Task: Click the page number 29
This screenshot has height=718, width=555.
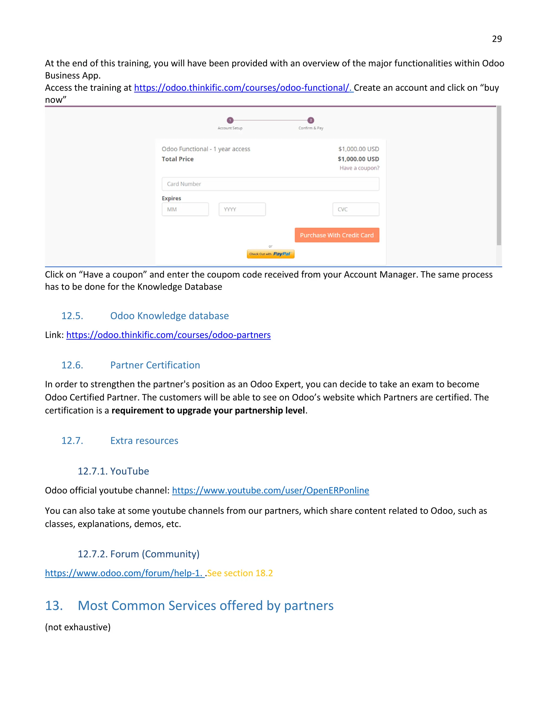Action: coord(496,39)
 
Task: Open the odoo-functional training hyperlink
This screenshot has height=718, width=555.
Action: coord(243,88)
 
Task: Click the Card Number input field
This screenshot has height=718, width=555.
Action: coord(270,184)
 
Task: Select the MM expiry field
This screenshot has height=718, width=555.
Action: coord(185,209)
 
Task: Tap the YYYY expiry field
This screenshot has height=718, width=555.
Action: coord(242,209)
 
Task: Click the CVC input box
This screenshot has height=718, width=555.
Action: coord(356,209)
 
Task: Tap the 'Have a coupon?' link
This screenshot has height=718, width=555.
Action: coord(359,168)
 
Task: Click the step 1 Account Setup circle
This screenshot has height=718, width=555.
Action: coord(230,120)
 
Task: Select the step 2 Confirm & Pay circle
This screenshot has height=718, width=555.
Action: coord(311,120)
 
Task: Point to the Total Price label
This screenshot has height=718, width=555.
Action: coord(178,159)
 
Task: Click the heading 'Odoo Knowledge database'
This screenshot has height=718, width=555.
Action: coord(169,316)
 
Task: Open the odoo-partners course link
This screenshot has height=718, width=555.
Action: coord(168,335)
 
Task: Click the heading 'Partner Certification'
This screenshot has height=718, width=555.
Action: coord(155,365)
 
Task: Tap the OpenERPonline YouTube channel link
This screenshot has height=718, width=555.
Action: coord(270,490)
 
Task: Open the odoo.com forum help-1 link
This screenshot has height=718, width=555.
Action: coord(124,573)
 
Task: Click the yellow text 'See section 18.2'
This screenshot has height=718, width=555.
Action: coord(240,573)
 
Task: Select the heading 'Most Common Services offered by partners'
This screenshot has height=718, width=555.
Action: coord(205,606)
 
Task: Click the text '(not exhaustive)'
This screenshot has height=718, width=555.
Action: coord(78,627)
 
